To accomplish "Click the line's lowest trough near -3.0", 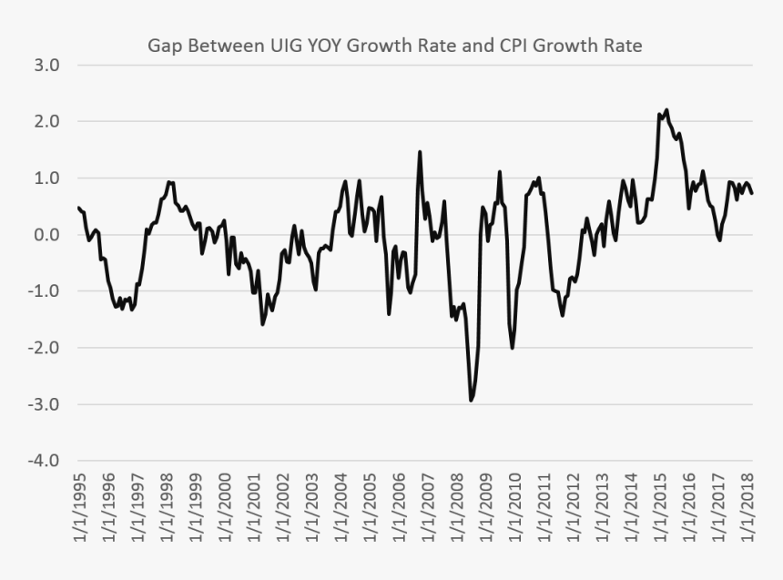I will (471, 400).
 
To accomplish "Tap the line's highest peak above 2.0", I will (666, 110).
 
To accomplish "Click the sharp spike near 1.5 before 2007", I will (420, 152).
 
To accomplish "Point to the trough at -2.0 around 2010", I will (513, 348).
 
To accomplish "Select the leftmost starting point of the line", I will (78, 208).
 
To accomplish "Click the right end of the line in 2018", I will (752, 193).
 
